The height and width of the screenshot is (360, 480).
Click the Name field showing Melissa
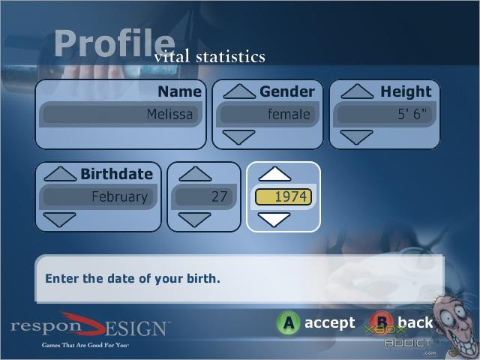(121, 114)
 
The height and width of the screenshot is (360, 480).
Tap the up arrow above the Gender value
(239, 91)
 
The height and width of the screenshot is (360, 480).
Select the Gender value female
(267, 114)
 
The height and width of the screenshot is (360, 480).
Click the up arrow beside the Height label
(357, 91)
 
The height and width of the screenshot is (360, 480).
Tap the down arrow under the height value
(357, 137)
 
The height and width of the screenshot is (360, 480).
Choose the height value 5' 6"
(385, 114)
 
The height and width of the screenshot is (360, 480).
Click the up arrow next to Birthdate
(60, 174)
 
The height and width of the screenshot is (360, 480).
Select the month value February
(98, 196)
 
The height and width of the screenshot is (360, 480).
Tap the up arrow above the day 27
(195, 174)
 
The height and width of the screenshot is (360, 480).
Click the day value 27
(204, 196)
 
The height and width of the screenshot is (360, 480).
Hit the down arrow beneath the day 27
(195, 220)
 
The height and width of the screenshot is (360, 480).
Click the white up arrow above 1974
(275, 174)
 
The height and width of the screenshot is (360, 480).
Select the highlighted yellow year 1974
(283, 196)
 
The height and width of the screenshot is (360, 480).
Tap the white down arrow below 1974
(274, 220)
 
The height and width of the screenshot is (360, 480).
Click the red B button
(381, 322)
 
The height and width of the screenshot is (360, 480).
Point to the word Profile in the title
(115, 43)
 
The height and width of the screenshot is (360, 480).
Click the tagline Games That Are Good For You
(85, 345)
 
